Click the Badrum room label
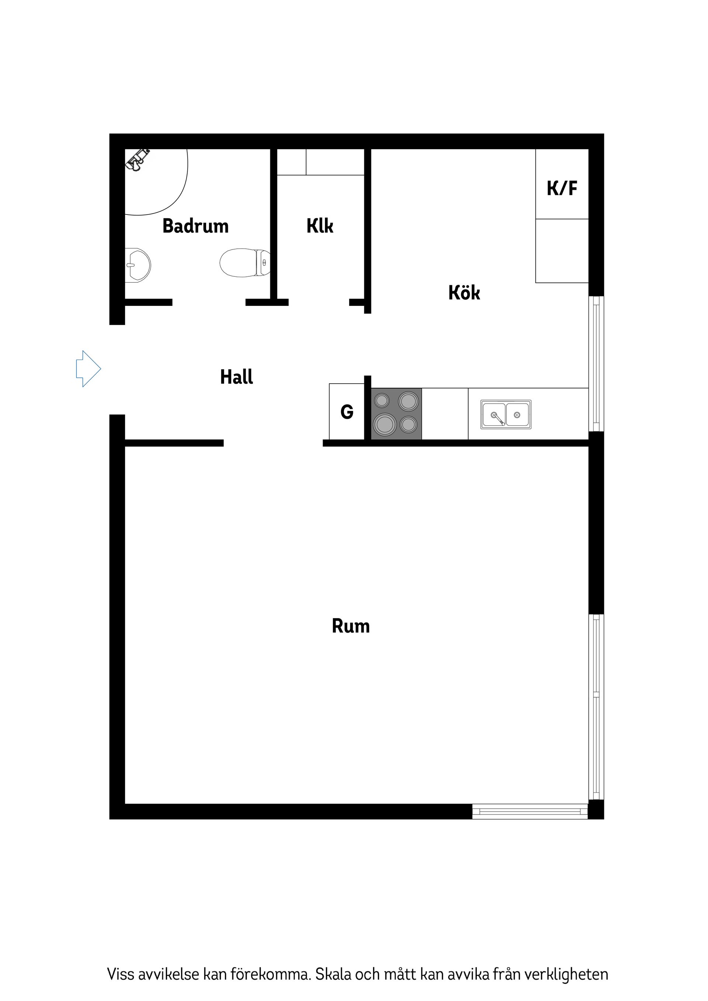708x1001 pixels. [x=195, y=226]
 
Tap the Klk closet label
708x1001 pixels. [x=320, y=226]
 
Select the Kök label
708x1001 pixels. [x=464, y=293]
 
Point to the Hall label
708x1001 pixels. [x=236, y=377]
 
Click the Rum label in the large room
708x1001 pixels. [x=351, y=626]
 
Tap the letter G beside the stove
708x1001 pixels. [x=347, y=412]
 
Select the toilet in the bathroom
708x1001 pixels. [x=244, y=262]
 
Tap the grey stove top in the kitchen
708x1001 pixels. [x=396, y=413]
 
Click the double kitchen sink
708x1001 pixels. [x=506, y=414]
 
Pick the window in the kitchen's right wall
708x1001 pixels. [x=596, y=364]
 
